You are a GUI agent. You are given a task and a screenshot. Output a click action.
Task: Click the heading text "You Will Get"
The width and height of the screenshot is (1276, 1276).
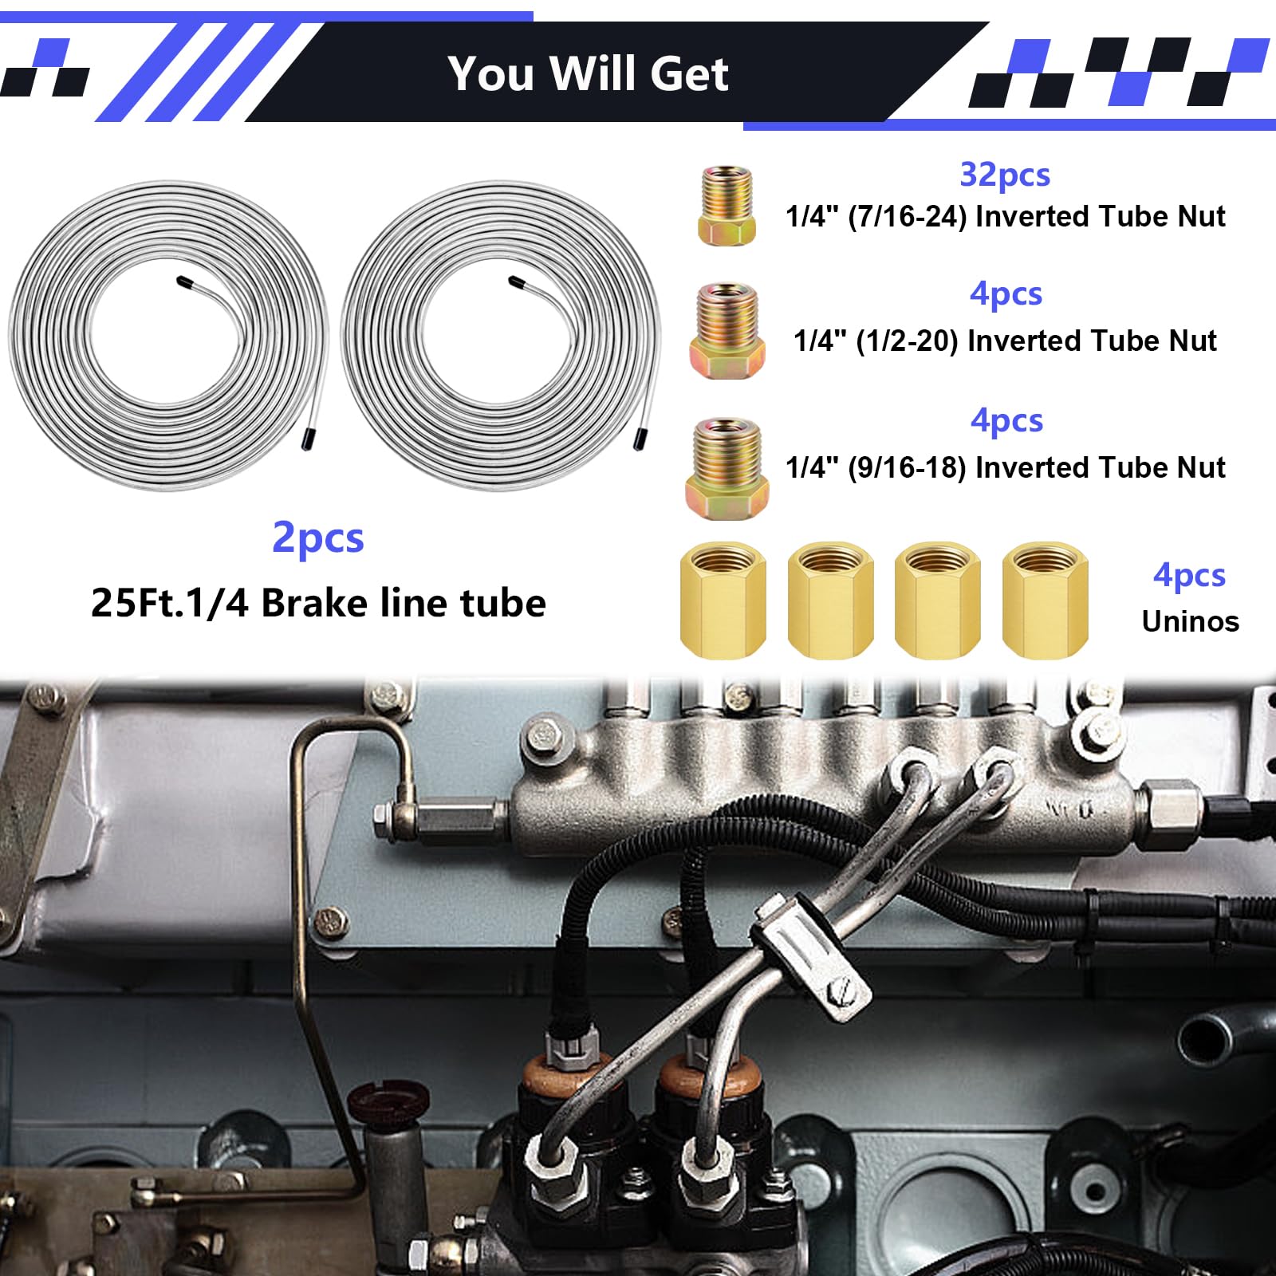(x=588, y=74)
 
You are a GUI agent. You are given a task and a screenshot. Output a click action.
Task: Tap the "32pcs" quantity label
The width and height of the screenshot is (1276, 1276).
(x=1004, y=175)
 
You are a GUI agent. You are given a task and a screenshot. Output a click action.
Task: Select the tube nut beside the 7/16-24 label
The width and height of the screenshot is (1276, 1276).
(x=726, y=206)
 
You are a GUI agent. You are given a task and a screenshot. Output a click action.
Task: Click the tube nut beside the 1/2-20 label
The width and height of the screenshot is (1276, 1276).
(x=727, y=330)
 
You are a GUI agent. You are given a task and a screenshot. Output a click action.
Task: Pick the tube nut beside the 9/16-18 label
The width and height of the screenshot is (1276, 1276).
(x=727, y=468)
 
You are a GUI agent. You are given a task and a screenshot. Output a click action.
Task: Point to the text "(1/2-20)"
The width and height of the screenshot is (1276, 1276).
(x=907, y=341)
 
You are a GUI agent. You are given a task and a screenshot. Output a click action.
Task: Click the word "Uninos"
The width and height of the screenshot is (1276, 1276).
(x=1190, y=621)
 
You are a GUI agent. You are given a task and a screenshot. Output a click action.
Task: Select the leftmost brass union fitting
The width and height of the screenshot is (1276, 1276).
(x=723, y=600)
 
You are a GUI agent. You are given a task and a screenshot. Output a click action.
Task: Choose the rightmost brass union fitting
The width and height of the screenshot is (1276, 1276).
(x=1045, y=600)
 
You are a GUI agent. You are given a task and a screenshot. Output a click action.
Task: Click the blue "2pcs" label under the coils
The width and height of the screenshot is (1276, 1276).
(x=317, y=538)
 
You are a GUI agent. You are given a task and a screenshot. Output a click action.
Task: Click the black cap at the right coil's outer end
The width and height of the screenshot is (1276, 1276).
(x=640, y=438)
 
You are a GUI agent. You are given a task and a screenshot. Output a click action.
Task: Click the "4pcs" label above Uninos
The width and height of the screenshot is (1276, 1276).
(x=1189, y=575)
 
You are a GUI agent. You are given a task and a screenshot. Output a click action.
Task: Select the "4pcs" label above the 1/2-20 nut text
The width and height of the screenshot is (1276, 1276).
(x=1006, y=294)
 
